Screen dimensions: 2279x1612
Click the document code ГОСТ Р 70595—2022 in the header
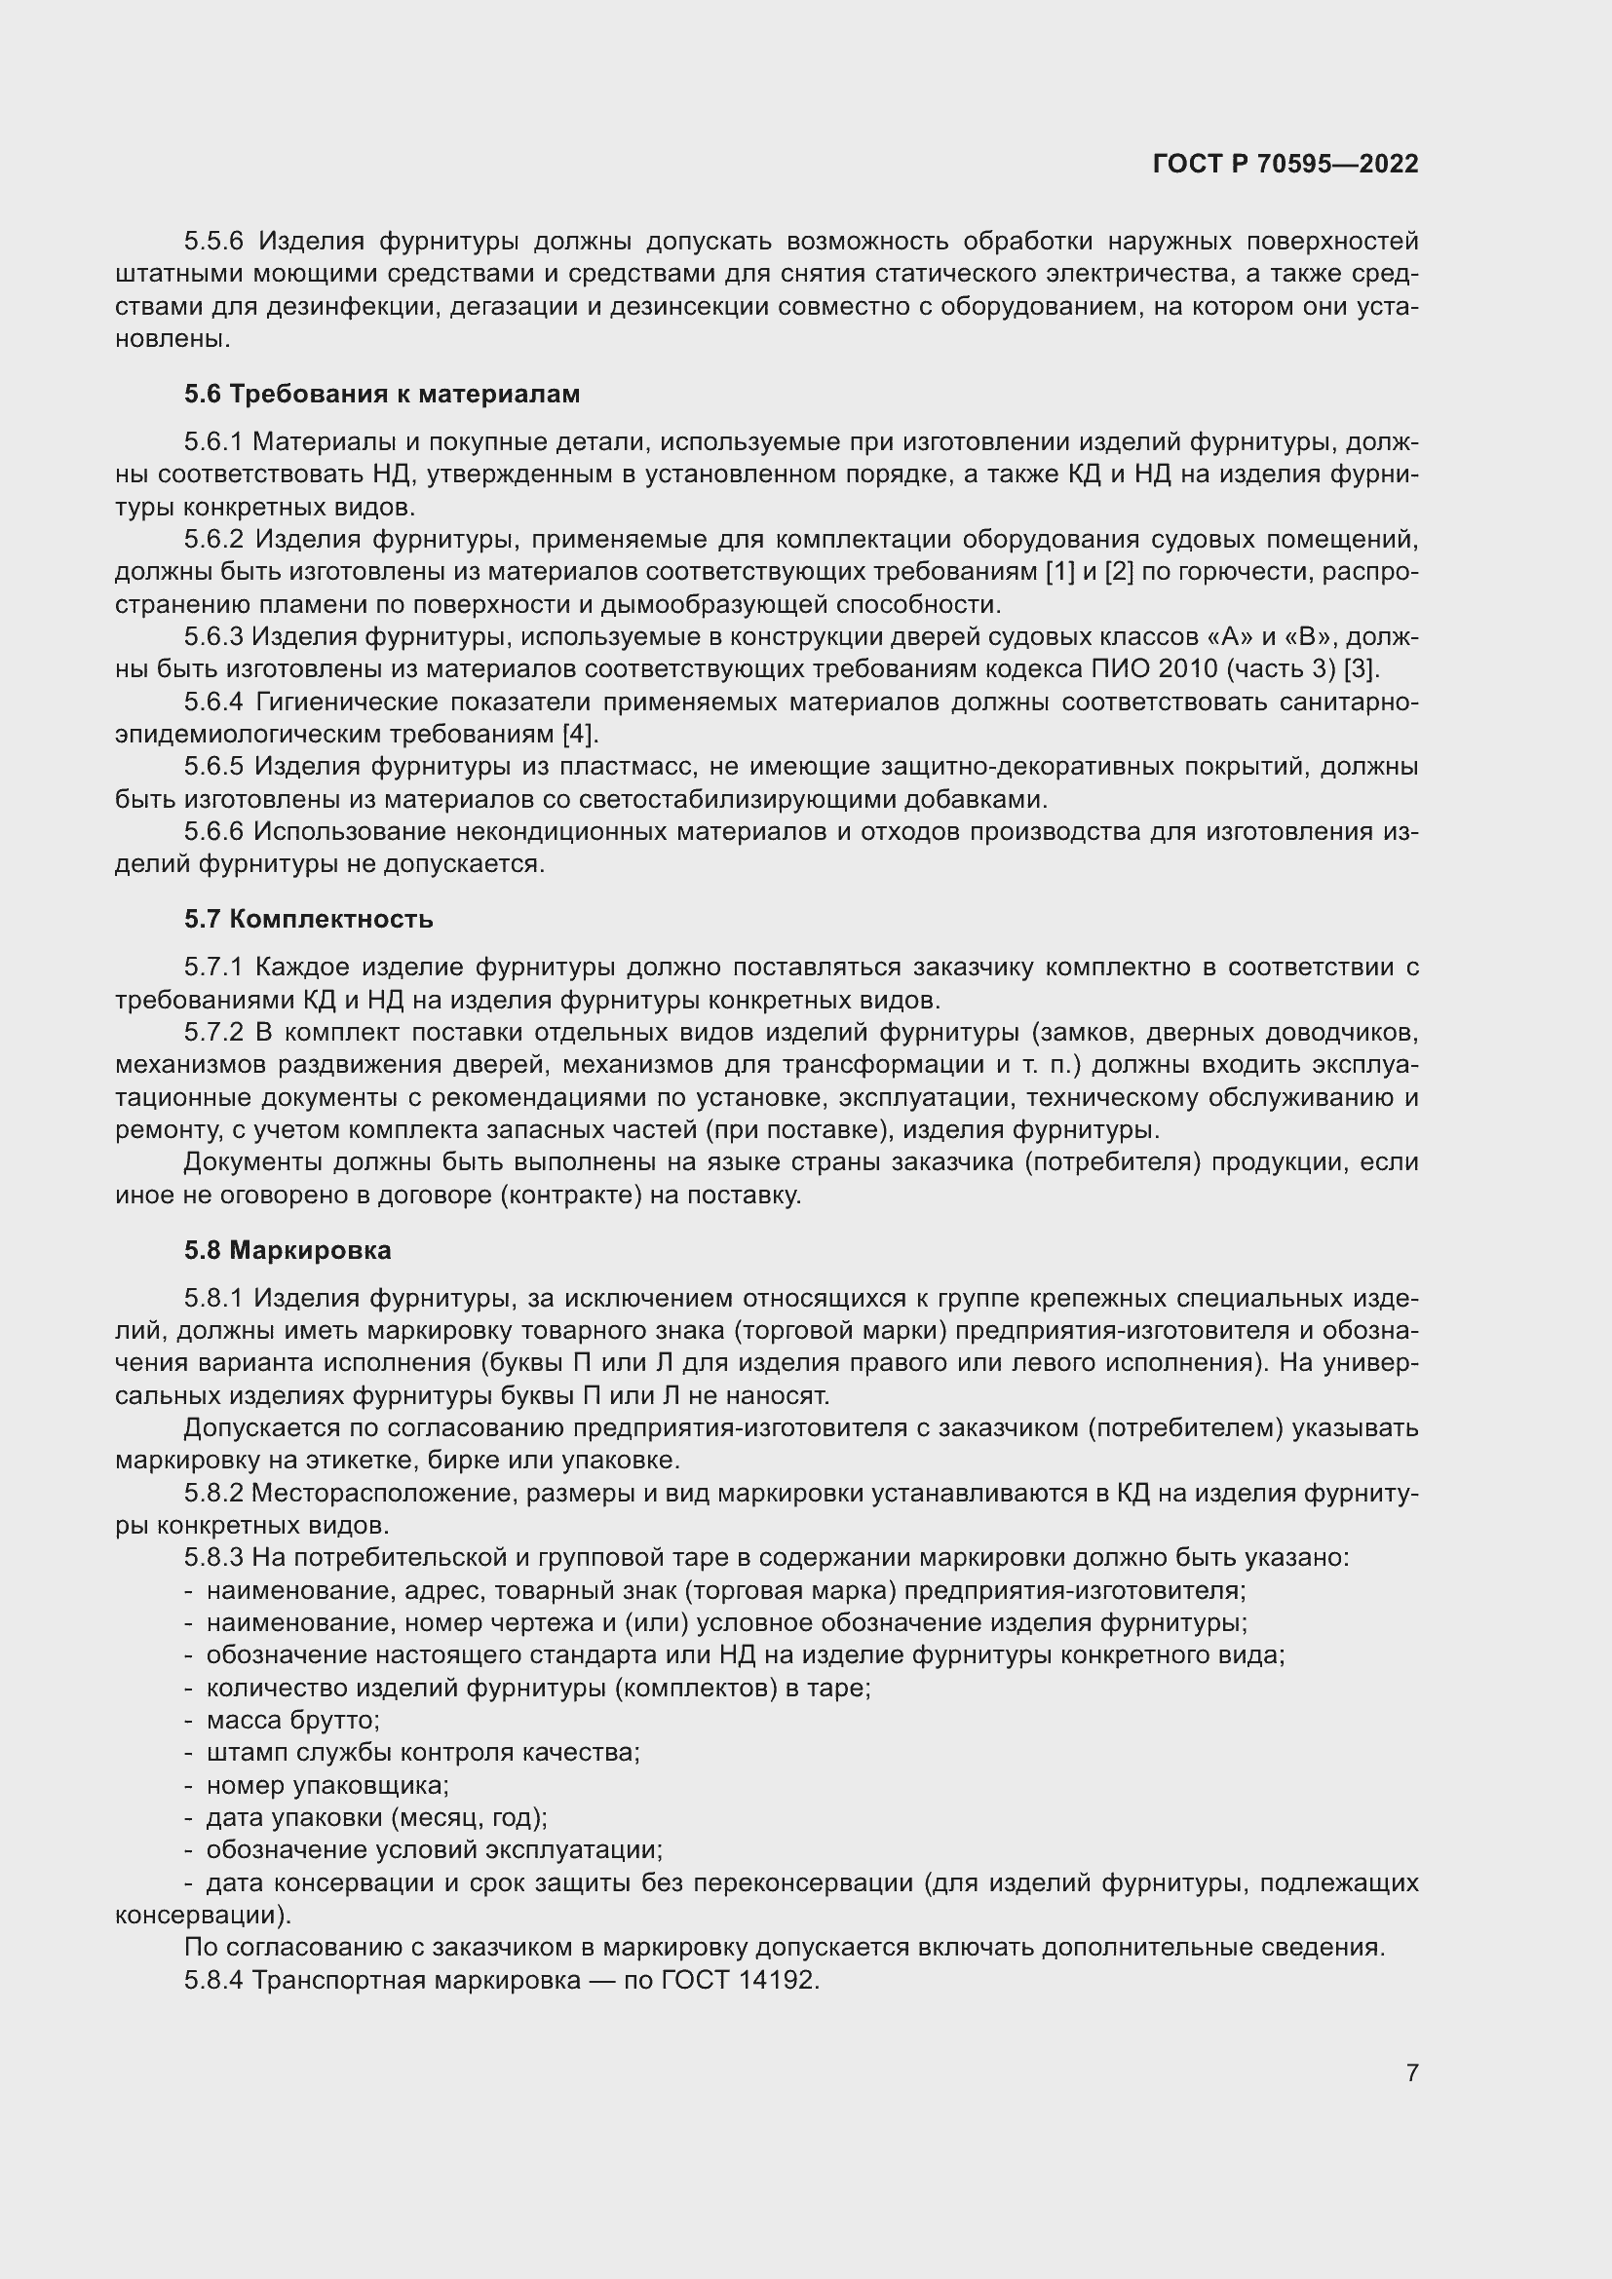[x=1286, y=164]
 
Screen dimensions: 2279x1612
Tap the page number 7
[x=1411, y=2072]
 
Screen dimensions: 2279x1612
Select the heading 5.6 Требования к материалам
[x=382, y=394]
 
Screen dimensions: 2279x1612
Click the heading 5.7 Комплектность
[x=309, y=919]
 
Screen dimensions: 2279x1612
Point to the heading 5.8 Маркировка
[x=288, y=1251]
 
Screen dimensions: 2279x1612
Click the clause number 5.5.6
[x=213, y=242]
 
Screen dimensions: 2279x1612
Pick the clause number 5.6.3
[x=213, y=636]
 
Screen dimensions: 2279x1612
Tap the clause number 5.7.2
[x=213, y=1032]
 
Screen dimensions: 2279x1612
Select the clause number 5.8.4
[x=213, y=1980]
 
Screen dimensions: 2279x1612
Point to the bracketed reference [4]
[x=580, y=735]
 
